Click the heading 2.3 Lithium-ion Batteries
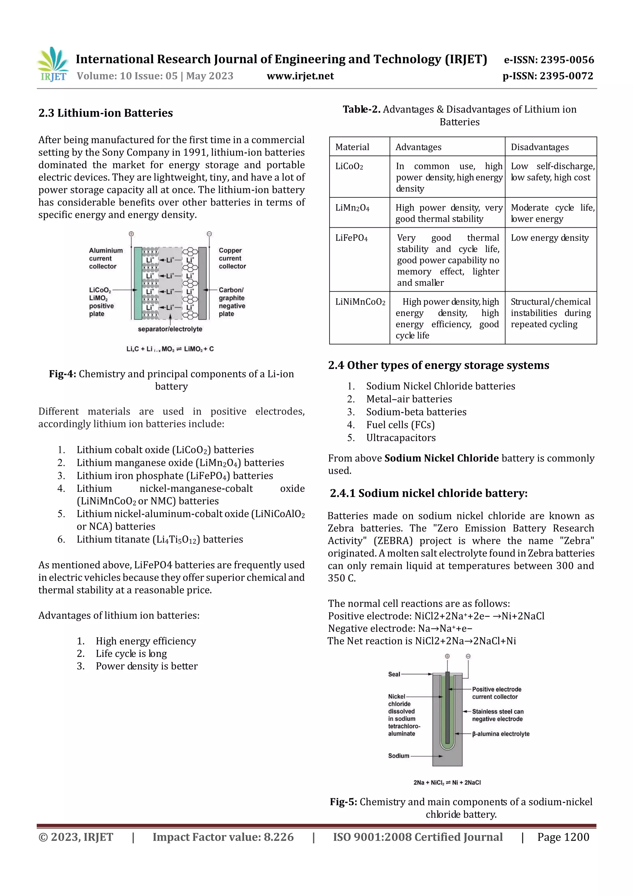pos(105,113)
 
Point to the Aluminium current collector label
pos(105,258)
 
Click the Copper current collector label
pos(232,258)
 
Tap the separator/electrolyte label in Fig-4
pos(170,329)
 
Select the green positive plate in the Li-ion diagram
pos(138,283)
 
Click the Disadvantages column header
pos(539,147)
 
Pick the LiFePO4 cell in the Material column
pos(351,238)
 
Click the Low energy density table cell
pos(550,238)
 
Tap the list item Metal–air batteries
pos(409,399)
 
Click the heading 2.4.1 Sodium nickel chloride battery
pos(429,493)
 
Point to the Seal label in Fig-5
pos(394,674)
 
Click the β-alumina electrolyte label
pos(500,734)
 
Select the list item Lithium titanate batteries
pos(159,539)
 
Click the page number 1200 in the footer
pos(563,837)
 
